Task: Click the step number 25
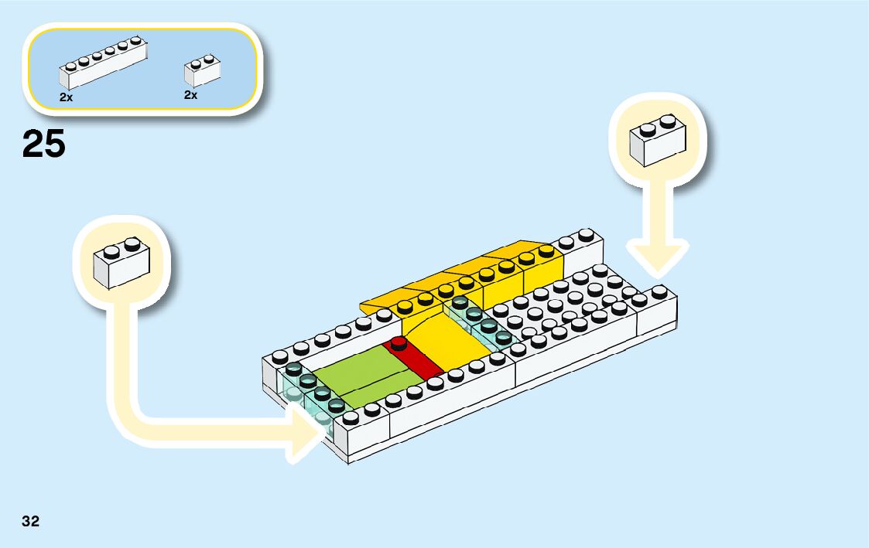click(x=44, y=145)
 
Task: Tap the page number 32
click(x=30, y=521)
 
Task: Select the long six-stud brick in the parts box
click(x=102, y=65)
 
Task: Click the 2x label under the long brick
click(x=66, y=98)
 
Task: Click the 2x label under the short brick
click(x=190, y=95)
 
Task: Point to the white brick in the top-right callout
click(x=658, y=141)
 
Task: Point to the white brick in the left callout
click(x=121, y=264)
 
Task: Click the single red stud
click(x=399, y=343)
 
